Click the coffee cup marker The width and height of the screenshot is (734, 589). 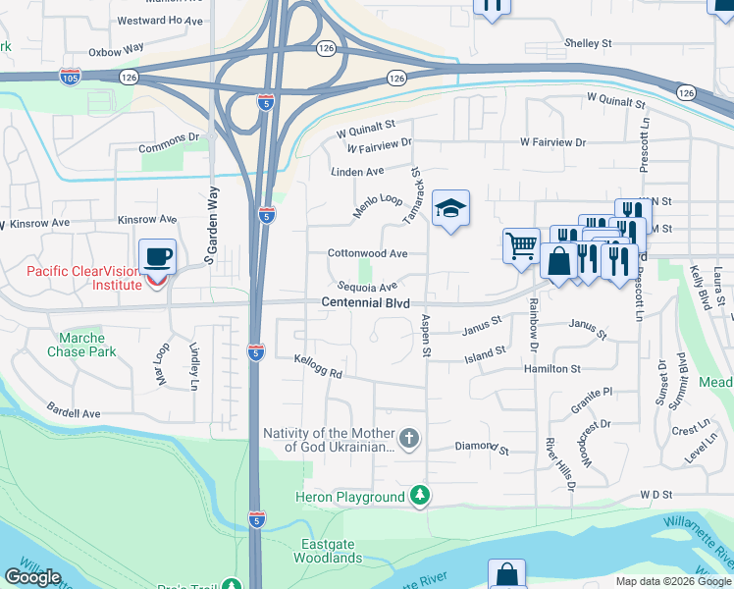(157, 257)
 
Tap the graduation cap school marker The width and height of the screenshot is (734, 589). (450, 208)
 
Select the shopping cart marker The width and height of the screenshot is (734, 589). (521, 245)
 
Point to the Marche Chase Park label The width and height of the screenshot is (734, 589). (80, 345)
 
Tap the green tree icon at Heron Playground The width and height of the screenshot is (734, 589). (420, 497)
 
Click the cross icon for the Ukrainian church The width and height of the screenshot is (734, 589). (409, 439)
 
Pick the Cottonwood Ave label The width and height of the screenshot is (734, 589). (367, 253)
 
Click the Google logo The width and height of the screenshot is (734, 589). (32, 577)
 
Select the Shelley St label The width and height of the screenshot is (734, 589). (587, 43)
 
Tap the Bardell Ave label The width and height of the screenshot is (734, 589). (75, 413)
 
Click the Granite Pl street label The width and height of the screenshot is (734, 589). (593, 392)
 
